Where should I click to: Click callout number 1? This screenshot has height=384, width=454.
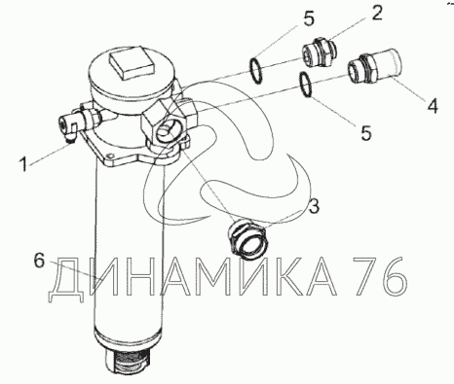[23, 164]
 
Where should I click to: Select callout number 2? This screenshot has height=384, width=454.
[376, 14]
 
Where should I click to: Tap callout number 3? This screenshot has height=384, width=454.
[314, 207]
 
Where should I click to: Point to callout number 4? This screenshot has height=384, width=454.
[432, 106]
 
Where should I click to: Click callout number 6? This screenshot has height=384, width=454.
[39, 261]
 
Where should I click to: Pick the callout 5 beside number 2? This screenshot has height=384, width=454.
[309, 19]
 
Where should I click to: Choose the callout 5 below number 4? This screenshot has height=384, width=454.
[366, 132]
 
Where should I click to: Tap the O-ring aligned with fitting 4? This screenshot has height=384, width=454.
[306, 85]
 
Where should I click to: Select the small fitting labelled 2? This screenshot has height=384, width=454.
[320, 52]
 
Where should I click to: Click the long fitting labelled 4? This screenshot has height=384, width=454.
[374, 66]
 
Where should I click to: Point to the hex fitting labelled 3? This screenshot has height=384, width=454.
[247, 238]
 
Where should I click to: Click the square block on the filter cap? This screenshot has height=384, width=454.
[132, 63]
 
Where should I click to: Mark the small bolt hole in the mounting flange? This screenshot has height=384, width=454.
[111, 156]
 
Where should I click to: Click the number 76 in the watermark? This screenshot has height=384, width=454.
[380, 276]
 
